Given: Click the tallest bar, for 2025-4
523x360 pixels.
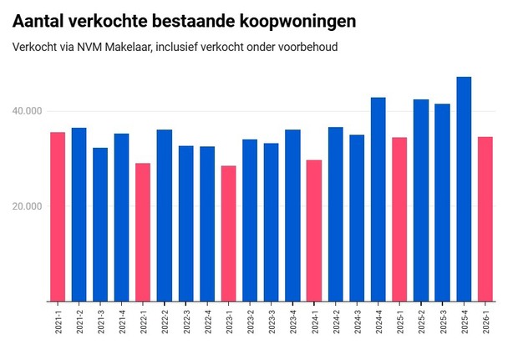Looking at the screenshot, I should click(x=464, y=189).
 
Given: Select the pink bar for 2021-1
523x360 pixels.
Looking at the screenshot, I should click(x=58, y=216).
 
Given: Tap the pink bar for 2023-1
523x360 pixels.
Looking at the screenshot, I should click(x=228, y=233).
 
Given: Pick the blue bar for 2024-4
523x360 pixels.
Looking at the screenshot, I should click(x=378, y=199).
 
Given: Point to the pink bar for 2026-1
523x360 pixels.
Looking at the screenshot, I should click(x=485, y=219).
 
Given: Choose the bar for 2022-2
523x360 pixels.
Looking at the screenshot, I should click(x=165, y=215).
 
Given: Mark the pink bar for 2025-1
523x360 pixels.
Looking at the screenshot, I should click(x=399, y=219).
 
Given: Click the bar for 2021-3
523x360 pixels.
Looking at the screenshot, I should click(x=100, y=224).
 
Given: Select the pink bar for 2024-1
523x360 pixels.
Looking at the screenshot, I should click(x=314, y=231).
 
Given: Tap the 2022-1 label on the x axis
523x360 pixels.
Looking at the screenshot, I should click(x=144, y=324).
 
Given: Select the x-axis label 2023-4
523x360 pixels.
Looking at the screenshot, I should click(x=293, y=324).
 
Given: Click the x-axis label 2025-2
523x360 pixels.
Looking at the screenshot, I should click(x=421, y=324).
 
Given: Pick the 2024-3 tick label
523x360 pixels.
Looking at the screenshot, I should click(x=357, y=324).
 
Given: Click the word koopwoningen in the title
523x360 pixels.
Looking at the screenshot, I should click(x=284, y=20).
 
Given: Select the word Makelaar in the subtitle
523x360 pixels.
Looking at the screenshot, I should click(x=132, y=47).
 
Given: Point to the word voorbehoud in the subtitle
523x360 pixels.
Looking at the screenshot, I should click(x=308, y=47).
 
